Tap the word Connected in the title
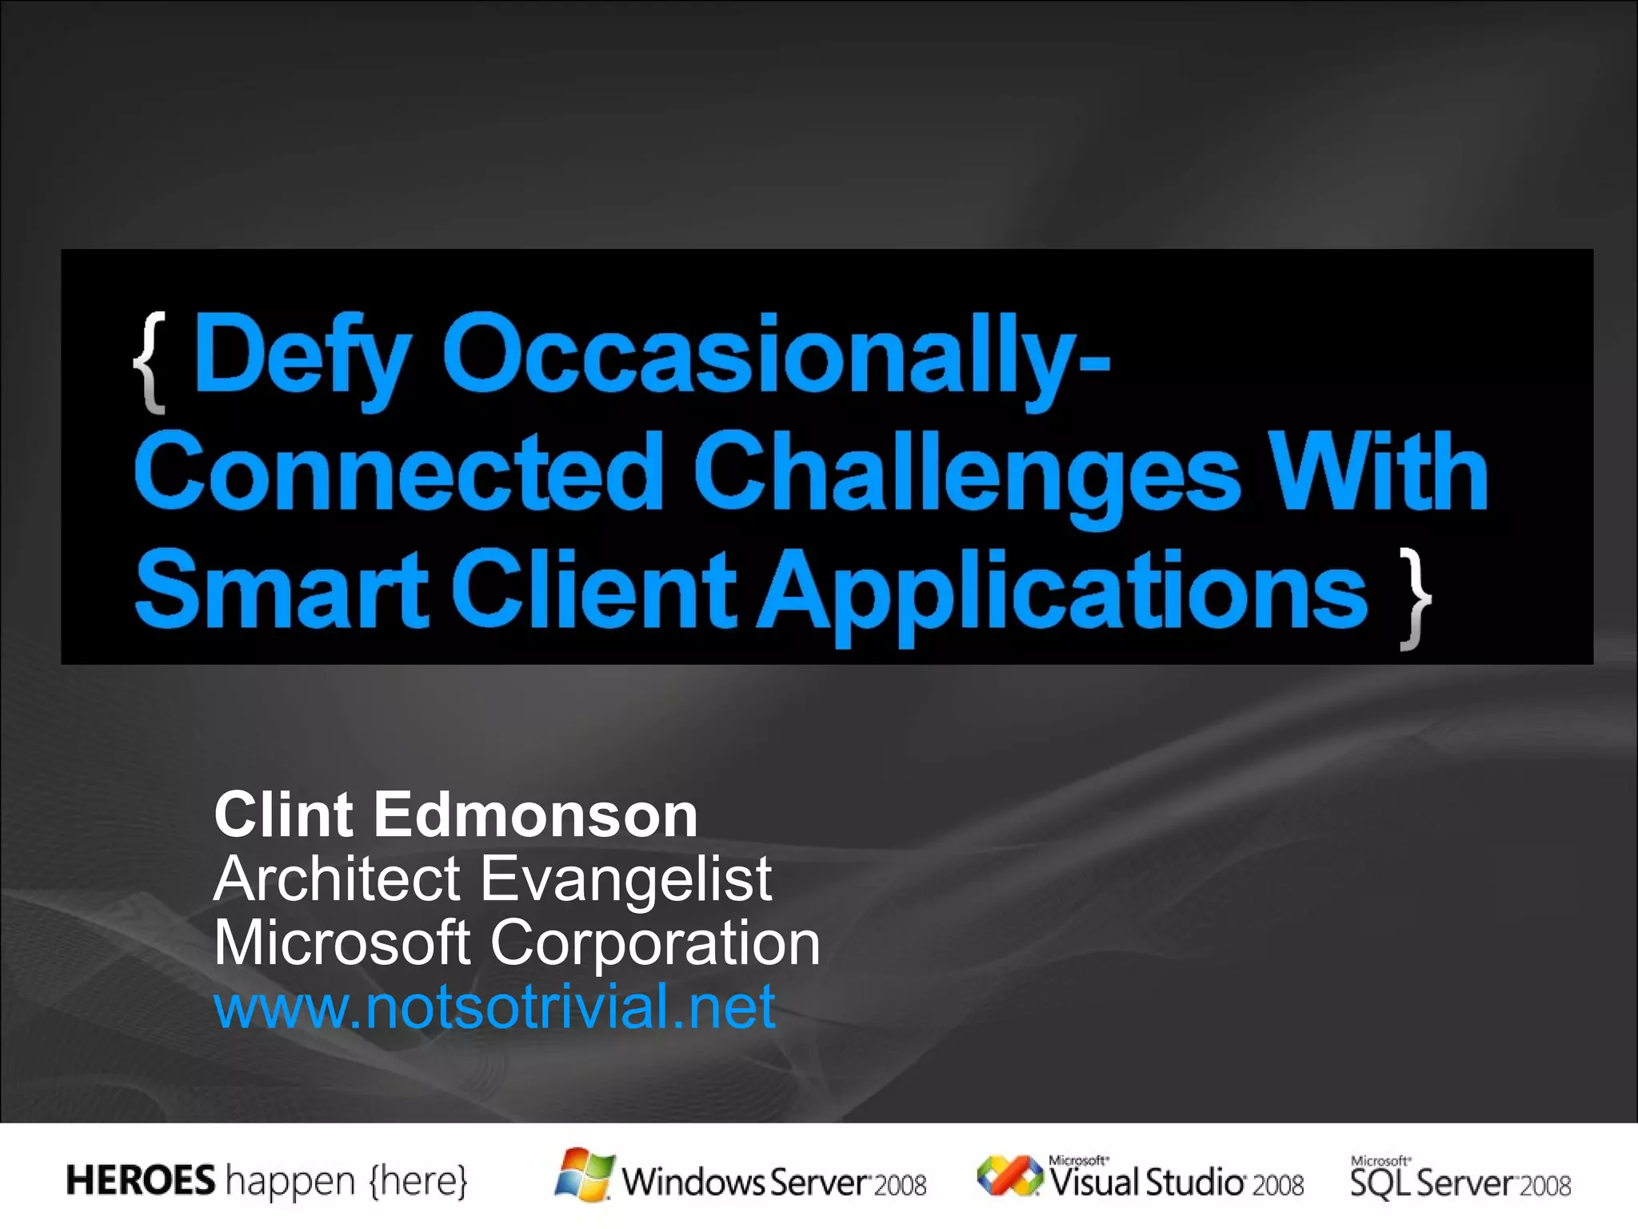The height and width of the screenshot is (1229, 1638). [x=398, y=474]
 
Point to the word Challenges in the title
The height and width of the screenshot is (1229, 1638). [x=966, y=474]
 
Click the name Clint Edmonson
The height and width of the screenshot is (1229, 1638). [x=456, y=815]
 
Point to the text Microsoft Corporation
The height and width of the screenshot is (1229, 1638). [x=517, y=943]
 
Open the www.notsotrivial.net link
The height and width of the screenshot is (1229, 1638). [x=494, y=1007]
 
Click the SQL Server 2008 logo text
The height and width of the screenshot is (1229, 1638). [x=1460, y=1181]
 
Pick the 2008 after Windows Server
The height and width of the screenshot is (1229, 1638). [x=900, y=1185]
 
